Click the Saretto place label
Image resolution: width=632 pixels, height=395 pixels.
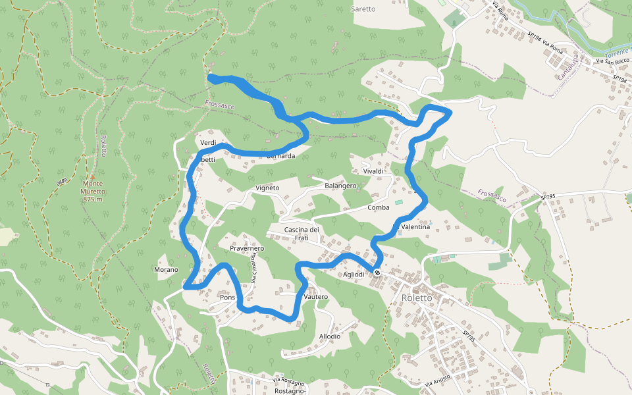(x=363, y=9)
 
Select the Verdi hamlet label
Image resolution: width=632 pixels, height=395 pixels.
(x=208, y=143)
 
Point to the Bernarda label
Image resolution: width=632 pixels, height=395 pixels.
(x=281, y=156)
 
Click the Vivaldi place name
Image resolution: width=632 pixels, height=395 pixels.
(x=373, y=171)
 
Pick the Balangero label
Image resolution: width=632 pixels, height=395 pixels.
(x=340, y=186)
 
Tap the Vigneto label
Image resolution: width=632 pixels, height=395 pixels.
(x=267, y=188)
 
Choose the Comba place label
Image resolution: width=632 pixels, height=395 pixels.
(x=379, y=207)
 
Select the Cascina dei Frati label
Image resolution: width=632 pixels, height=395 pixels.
(x=302, y=233)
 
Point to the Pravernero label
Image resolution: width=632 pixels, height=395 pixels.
(x=247, y=248)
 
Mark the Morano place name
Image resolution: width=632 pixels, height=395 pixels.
(x=166, y=269)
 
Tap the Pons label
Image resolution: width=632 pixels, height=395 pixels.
(x=228, y=298)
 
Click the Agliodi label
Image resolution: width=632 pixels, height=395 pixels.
(x=354, y=275)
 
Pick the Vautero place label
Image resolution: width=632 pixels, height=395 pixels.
(x=316, y=297)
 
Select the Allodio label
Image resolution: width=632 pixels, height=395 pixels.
(x=330, y=336)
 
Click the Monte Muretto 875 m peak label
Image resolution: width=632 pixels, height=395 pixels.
(x=93, y=191)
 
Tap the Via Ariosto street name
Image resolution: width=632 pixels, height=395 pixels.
(x=437, y=380)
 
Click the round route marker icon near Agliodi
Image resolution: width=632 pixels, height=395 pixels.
(x=377, y=273)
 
